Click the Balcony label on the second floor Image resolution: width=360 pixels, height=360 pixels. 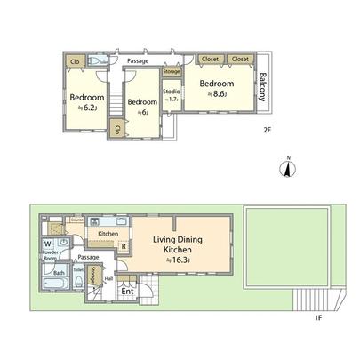pyautogui.click(x=261, y=84)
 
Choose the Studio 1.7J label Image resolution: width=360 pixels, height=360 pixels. pyautogui.click(x=172, y=95)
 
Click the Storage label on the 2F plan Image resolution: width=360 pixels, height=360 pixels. pyautogui.click(x=172, y=71)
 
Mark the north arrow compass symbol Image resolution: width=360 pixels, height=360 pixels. pyautogui.click(x=286, y=167)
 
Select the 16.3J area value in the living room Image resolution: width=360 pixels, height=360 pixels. pyautogui.click(x=181, y=260)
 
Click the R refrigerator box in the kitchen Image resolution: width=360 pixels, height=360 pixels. pyautogui.click(x=124, y=246)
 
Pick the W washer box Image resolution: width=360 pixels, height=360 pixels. pyautogui.click(x=46, y=242)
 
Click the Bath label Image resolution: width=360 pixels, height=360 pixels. pyautogui.click(x=58, y=274)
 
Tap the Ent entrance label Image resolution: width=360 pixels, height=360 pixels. pyautogui.click(x=128, y=290)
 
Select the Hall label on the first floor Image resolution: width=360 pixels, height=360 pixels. pyautogui.click(x=108, y=277)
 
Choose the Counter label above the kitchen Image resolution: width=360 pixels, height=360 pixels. pyautogui.click(x=76, y=218)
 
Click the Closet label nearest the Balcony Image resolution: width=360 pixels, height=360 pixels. pyautogui.click(x=240, y=59)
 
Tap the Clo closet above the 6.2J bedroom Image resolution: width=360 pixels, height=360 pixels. pyautogui.click(x=75, y=61)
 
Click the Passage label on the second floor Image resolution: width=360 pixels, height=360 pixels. pyautogui.click(x=138, y=60)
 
